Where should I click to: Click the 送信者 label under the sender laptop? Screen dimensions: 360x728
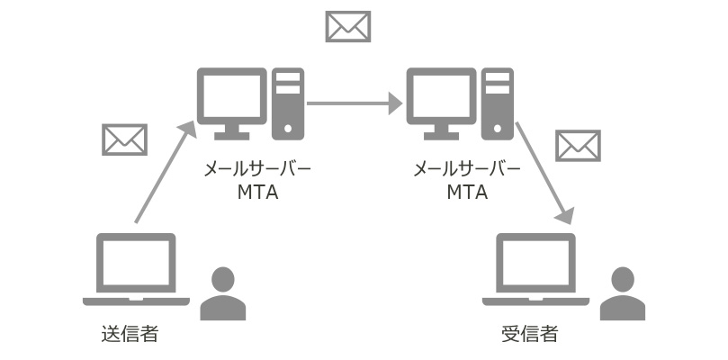click(x=130, y=335)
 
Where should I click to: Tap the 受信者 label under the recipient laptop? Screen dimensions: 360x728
click(x=529, y=335)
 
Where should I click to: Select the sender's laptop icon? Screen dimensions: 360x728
click(x=136, y=269)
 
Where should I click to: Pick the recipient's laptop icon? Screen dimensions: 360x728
click(x=536, y=269)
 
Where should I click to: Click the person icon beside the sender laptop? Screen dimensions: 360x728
click(x=222, y=294)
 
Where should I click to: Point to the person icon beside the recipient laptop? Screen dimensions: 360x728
click(x=623, y=294)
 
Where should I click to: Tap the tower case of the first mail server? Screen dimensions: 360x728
click(x=288, y=103)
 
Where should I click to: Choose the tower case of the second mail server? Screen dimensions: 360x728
click(x=498, y=103)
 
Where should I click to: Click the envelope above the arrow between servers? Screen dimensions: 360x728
click(x=348, y=26)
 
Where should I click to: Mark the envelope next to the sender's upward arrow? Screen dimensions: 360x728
click(x=124, y=139)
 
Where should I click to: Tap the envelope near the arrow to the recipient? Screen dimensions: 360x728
click(x=578, y=145)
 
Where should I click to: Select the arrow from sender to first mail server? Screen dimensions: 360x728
click(x=164, y=173)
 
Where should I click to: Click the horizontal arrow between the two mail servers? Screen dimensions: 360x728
click(x=354, y=103)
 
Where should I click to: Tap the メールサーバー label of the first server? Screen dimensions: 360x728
click(x=257, y=168)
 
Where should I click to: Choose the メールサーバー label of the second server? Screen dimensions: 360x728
click(x=467, y=168)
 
